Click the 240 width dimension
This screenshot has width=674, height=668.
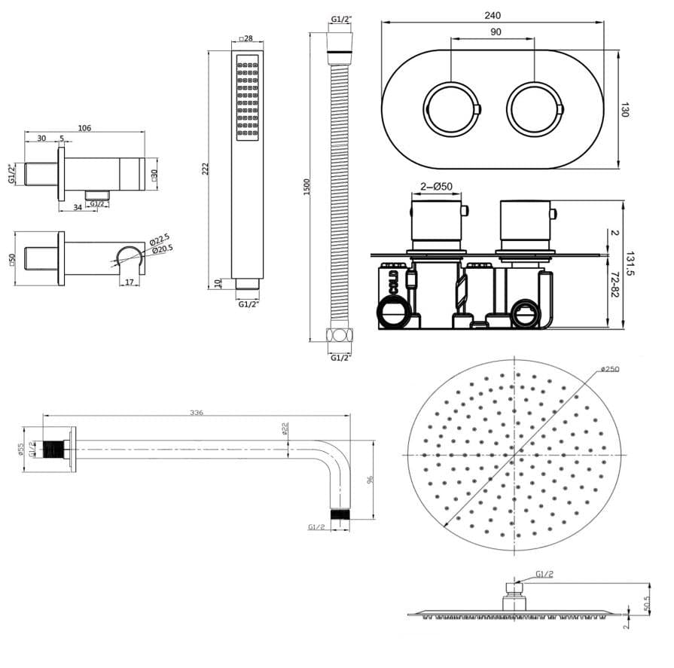pos(493,14)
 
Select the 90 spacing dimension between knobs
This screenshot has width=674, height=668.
pos(495,32)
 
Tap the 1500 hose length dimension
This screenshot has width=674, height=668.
pos(306,187)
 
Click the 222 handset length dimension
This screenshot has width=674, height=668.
pos(206,169)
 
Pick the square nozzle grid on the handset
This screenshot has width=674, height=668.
pos(248,97)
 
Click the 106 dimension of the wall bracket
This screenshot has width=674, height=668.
pos(84,128)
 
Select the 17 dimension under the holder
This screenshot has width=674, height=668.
pos(130,282)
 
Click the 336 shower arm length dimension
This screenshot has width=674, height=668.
pos(197,412)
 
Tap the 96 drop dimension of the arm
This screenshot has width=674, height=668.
pos(370,480)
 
